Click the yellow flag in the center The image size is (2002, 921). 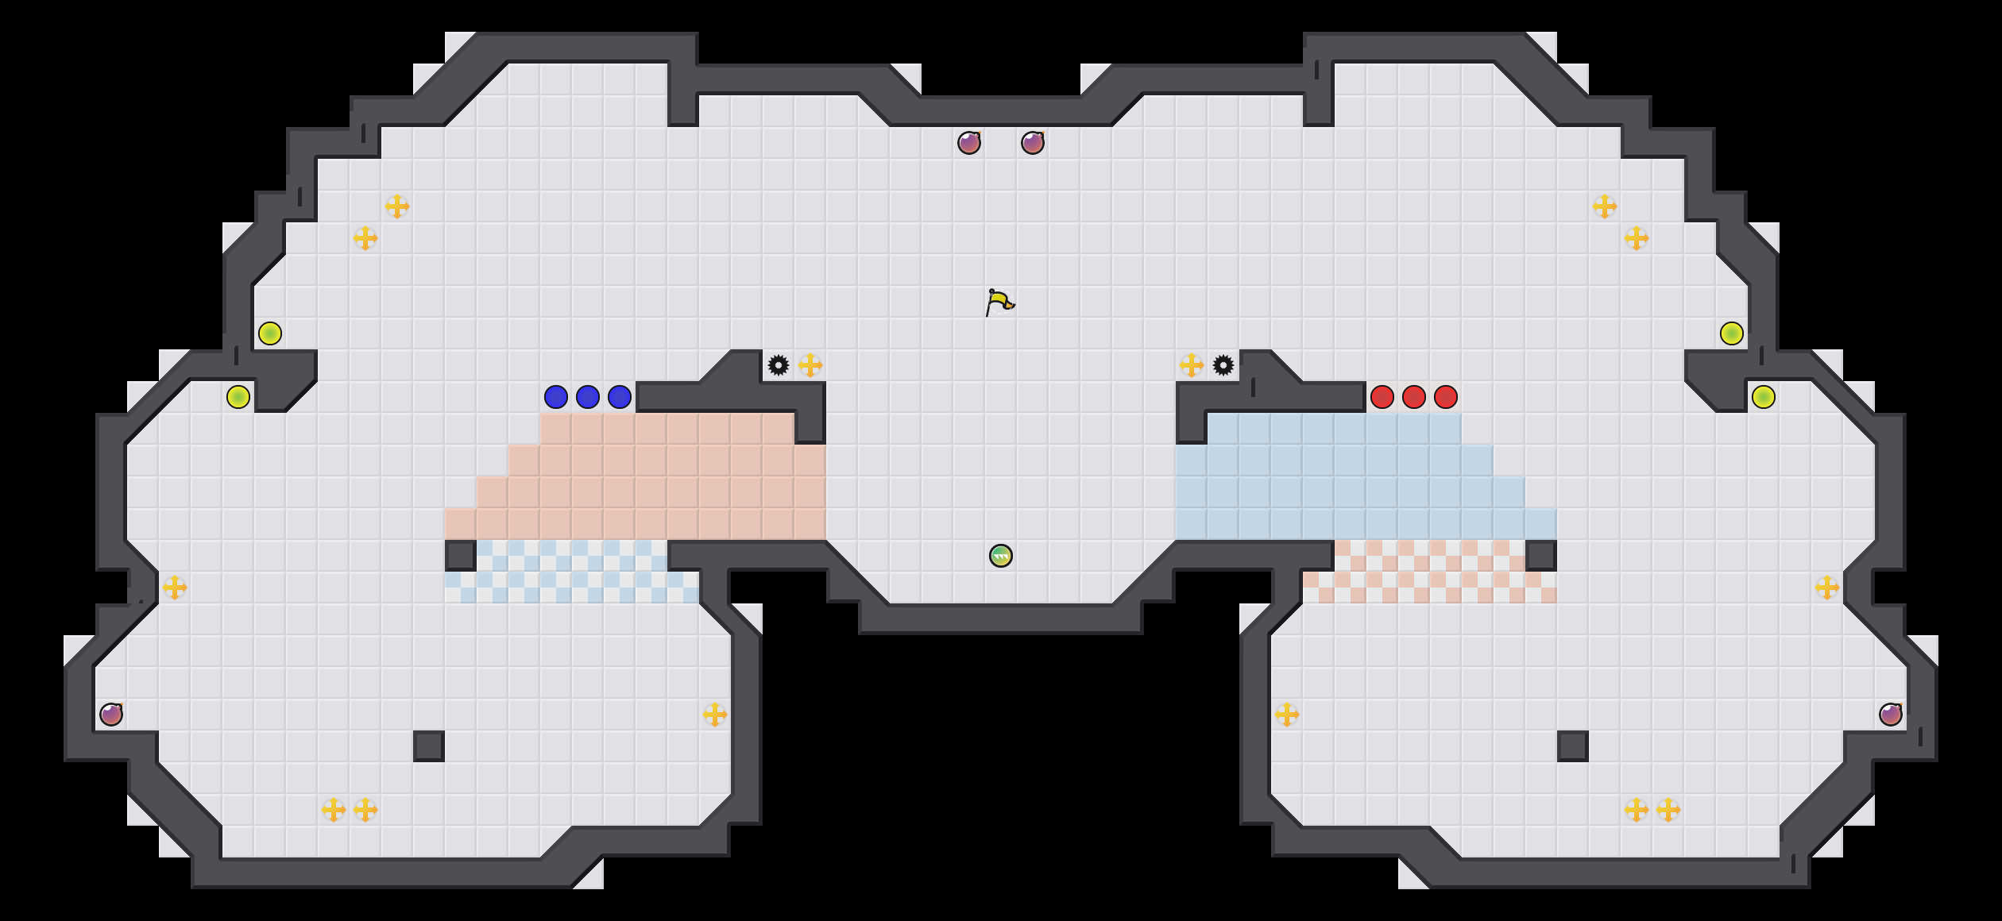(999, 303)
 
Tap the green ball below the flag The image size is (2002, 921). (1001, 556)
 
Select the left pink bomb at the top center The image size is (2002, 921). (969, 143)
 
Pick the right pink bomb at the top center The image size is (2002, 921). (1033, 143)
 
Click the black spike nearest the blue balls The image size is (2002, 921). (779, 365)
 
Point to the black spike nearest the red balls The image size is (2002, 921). (1223, 365)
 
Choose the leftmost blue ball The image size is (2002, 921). (556, 397)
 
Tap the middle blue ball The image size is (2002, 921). (588, 397)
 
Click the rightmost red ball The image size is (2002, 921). (1446, 397)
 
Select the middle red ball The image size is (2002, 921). (1414, 397)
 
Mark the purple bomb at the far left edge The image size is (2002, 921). (111, 715)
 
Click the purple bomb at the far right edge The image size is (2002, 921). (1891, 715)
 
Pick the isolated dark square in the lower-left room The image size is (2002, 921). (429, 746)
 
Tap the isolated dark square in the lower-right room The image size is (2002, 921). (1573, 746)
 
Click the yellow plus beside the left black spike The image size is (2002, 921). (810, 365)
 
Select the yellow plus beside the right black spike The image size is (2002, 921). (1192, 365)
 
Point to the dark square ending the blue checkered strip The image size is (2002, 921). (461, 556)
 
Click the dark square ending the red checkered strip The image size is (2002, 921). (1541, 556)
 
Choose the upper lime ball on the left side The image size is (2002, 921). (270, 333)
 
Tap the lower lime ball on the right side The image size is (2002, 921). (1764, 397)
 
